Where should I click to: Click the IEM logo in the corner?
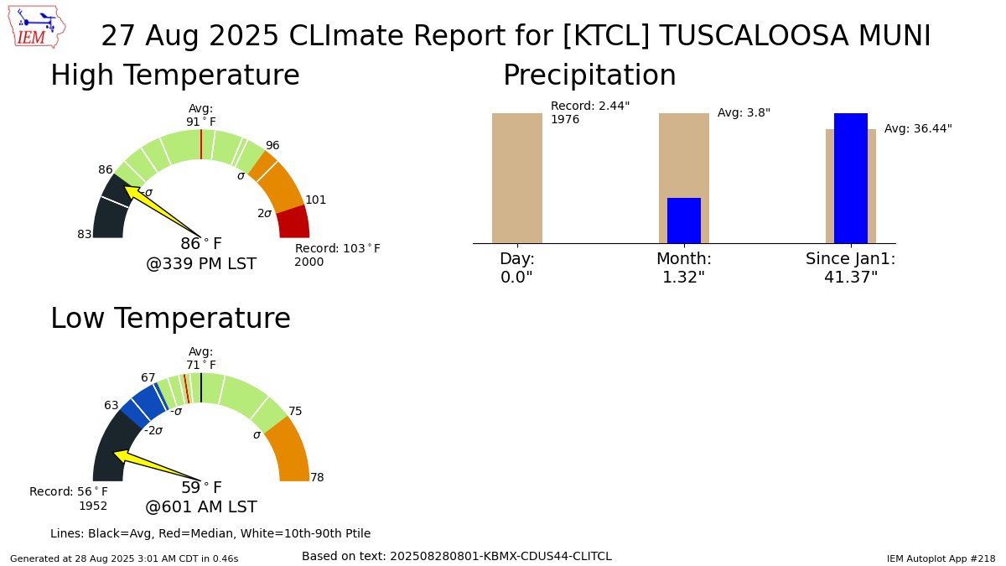click(x=39, y=27)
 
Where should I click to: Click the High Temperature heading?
click(x=174, y=75)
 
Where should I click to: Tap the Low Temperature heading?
click(x=170, y=319)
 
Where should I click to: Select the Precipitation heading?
click(x=589, y=75)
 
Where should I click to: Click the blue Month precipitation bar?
click(x=683, y=221)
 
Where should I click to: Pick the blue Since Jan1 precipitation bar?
click(x=850, y=178)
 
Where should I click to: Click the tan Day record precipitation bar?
click(x=516, y=178)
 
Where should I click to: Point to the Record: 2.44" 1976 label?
click(x=589, y=112)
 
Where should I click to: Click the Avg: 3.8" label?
click(x=744, y=112)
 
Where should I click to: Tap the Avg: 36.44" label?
click(x=918, y=128)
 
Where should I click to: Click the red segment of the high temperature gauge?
click(x=293, y=223)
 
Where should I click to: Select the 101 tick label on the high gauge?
click(x=315, y=200)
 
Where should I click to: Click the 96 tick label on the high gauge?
click(x=272, y=145)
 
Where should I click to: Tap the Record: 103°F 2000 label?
click(x=337, y=255)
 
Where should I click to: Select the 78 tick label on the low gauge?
click(x=317, y=477)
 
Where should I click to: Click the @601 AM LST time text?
click(x=201, y=506)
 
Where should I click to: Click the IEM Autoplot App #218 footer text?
click(x=941, y=558)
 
